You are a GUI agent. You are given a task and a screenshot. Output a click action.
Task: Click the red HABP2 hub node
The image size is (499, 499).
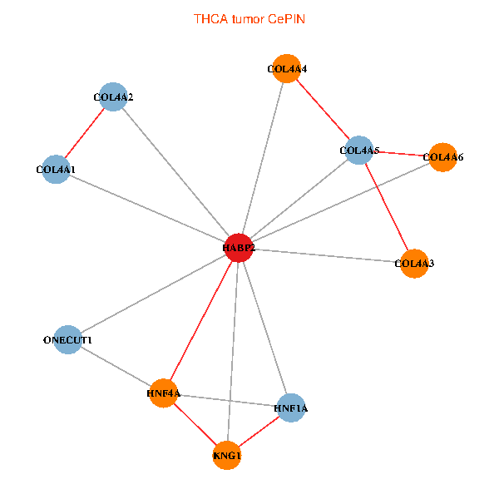239,248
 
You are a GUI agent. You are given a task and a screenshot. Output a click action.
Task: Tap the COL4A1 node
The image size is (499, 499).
55,170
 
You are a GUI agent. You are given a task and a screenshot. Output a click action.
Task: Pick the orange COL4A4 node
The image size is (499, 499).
284,69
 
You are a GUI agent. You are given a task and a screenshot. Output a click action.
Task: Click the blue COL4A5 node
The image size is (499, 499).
358,151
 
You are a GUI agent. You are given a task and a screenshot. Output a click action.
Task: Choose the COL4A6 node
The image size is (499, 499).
442,156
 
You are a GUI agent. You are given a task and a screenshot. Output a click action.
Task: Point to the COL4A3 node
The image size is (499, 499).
413,264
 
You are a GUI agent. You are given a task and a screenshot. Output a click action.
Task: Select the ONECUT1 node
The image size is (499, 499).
67,340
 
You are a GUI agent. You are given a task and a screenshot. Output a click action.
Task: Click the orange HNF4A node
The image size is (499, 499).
164,393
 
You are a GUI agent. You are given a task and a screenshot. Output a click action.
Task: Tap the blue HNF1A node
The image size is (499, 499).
290,408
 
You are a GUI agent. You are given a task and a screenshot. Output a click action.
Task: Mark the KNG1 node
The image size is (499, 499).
226,456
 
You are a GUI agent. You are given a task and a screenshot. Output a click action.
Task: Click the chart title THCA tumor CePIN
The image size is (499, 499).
249,18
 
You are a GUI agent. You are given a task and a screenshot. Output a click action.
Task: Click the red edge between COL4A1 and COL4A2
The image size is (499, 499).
84,133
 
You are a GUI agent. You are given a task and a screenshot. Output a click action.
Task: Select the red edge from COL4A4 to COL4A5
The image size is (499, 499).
321,110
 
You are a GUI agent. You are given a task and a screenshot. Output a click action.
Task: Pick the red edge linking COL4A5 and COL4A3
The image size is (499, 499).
386,207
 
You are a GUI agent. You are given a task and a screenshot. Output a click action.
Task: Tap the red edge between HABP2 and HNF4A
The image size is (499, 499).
201,320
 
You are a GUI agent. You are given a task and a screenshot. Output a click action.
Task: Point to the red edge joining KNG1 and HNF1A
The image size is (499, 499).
259,432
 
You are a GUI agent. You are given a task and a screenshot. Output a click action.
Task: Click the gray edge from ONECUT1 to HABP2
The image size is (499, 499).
153,294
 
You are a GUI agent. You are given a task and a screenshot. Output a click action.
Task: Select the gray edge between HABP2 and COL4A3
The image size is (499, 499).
326,255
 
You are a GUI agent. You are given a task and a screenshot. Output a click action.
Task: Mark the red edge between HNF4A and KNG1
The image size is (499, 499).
195,424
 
